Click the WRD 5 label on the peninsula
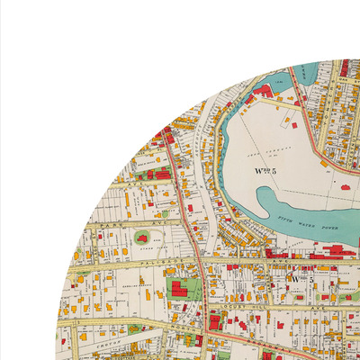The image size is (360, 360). tap(267, 168)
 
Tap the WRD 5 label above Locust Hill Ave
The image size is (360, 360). tap(299, 279)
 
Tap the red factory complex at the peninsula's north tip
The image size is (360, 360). tap(264, 91)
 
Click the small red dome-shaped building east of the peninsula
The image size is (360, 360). tap(346, 187)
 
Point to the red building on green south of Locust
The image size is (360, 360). tap(216, 320)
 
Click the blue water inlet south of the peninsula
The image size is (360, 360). tap(270, 202)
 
